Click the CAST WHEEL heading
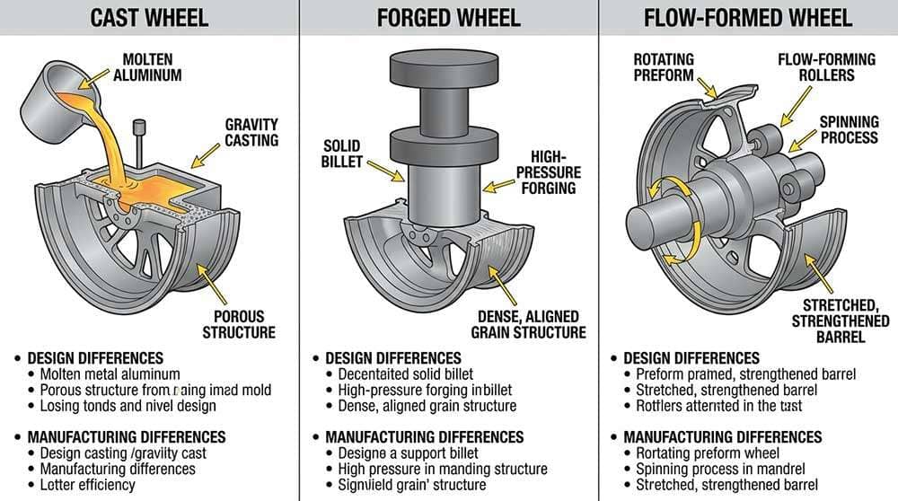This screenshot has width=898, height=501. point(149,17)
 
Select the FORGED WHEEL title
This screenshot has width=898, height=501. point(448,17)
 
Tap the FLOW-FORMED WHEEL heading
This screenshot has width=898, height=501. point(747,17)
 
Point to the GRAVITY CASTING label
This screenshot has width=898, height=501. point(251,132)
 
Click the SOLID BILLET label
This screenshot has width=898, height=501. point(341,153)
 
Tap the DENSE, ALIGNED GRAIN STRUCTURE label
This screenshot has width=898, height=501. point(528,324)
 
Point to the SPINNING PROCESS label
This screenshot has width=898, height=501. point(849,129)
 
